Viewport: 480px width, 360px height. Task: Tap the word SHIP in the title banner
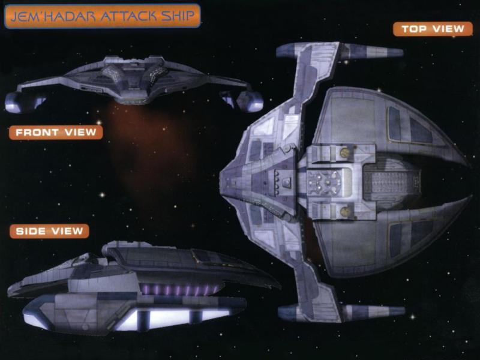(178, 16)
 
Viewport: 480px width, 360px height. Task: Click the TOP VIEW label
(433, 29)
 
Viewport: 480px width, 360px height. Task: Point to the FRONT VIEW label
(56, 132)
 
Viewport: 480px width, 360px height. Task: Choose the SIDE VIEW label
(49, 231)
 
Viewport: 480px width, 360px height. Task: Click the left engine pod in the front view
(25, 102)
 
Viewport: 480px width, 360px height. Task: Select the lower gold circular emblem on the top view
(346, 212)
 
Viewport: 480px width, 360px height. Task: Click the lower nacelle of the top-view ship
(341, 312)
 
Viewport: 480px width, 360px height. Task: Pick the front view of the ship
(134, 83)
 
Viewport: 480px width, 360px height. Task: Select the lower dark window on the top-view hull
(410, 238)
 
